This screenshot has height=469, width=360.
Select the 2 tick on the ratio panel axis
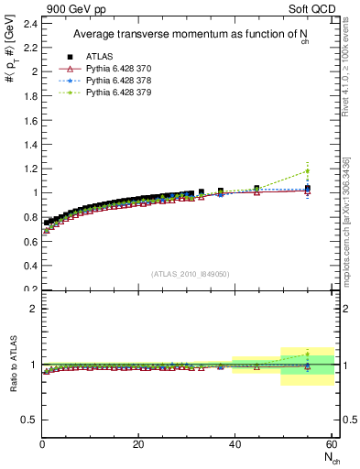point(34,309)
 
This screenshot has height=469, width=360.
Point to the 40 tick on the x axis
point(234,445)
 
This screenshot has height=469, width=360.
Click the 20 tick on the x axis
point(137,445)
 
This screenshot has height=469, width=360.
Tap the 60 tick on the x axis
point(330,445)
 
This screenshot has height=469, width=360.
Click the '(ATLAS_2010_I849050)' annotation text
point(191,274)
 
